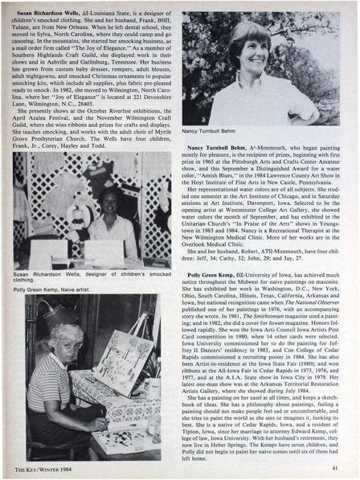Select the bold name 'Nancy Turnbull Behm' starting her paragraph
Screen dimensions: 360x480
[x=226, y=150]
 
